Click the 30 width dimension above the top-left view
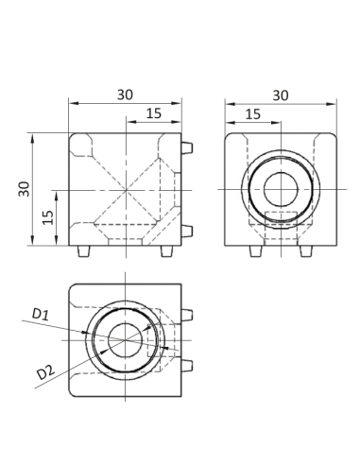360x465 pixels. click(125, 95)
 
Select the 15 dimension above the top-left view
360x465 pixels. click(152, 113)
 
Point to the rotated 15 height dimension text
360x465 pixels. click(45, 216)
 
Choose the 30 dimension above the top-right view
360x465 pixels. click(281, 95)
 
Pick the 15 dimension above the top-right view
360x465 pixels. click(253, 113)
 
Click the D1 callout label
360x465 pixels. click(42, 313)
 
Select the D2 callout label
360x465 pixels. click(44, 372)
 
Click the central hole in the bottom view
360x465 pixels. click(125, 340)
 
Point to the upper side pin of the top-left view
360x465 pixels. click(188, 148)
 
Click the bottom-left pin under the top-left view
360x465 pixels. click(83, 251)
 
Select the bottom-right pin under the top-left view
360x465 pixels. click(167, 251)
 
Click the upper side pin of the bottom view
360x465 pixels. click(188, 314)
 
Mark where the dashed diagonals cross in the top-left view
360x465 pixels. click(125, 190)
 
